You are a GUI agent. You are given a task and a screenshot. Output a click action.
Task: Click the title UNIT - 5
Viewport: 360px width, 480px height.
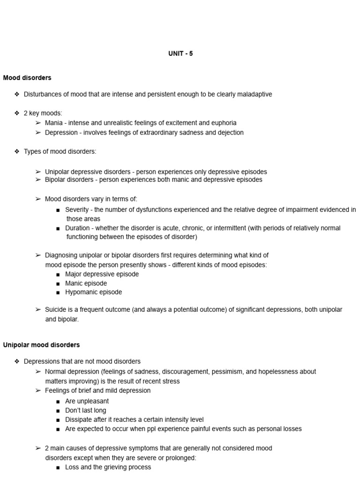click(x=180, y=53)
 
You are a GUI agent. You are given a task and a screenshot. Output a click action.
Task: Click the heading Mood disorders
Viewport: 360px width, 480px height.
click(x=27, y=77)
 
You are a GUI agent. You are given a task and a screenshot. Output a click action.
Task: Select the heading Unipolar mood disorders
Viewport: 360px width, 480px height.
click(x=41, y=345)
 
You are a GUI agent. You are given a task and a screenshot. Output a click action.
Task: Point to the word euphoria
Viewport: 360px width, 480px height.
click(x=223, y=123)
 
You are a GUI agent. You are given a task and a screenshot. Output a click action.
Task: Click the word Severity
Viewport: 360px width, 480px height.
click(x=77, y=210)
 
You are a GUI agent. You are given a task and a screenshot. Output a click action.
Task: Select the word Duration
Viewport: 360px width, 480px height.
click(x=77, y=228)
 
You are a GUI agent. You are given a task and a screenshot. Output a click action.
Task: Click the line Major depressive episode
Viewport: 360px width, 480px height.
click(x=102, y=274)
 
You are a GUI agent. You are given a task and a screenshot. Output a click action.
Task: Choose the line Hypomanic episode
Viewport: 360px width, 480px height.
click(x=93, y=292)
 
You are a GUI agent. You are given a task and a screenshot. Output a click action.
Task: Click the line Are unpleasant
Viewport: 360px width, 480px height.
click(x=87, y=401)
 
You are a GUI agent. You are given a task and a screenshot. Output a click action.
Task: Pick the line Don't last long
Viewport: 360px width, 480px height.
click(x=86, y=411)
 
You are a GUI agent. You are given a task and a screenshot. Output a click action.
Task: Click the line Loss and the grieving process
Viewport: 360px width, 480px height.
click(x=108, y=467)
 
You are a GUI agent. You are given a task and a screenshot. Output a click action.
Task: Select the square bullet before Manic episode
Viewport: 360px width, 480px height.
click(x=57, y=284)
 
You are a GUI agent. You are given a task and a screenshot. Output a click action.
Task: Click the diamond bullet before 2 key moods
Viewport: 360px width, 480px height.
click(x=17, y=113)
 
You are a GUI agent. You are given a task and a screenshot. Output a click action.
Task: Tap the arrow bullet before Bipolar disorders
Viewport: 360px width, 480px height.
click(x=38, y=180)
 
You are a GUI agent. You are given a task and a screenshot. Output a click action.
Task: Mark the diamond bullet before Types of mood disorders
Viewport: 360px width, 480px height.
click(x=17, y=151)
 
